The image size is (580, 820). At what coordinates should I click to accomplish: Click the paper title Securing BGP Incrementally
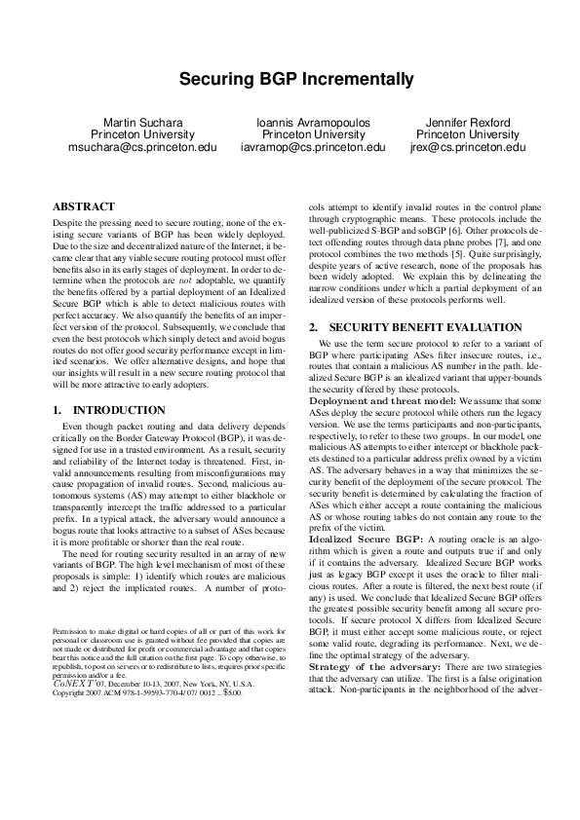click(290, 79)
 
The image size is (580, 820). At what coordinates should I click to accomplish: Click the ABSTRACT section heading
click(83, 206)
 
